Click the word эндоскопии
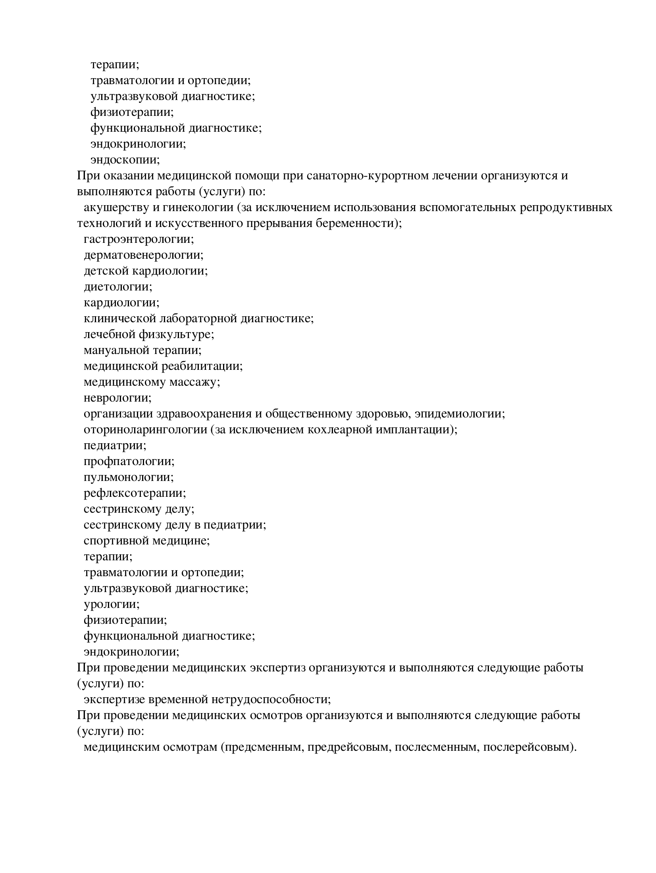click(125, 160)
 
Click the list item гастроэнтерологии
click(139, 239)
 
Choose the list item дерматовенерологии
click(143, 255)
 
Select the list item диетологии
click(118, 287)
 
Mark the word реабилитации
click(202, 366)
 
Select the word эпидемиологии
click(460, 414)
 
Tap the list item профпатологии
click(129, 461)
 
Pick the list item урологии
click(112, 604)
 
